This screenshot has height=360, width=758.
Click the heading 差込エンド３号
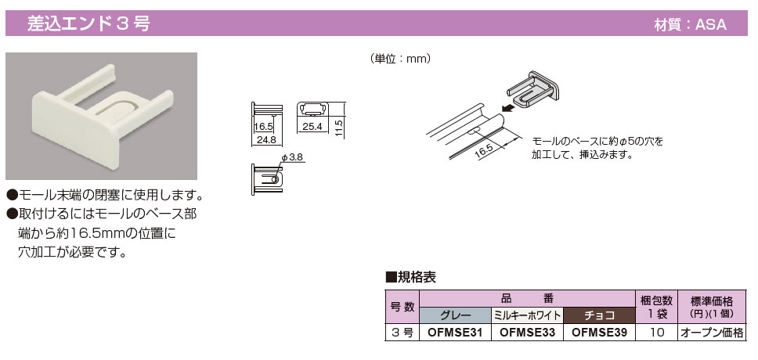click(x=88, y=23)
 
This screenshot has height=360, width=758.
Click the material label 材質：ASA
click(x=690, y=24)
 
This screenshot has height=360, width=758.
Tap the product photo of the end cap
click(x=102, y=117)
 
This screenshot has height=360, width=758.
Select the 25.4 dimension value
click(x=312, y=125)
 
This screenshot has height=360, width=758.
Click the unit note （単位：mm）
click(x=400, y=59)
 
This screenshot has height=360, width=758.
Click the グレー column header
click(x=456, y=315)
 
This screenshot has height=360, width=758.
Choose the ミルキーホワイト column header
click(x=527, y=315)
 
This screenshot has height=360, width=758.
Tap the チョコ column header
click(x=599, y=315)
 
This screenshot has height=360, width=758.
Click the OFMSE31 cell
click(x=456, y=333)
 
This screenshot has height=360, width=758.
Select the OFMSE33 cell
click(x=527, y=333)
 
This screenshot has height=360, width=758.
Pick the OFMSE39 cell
click(x=599, y=333)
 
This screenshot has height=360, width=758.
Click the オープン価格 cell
click(x=711, y=333)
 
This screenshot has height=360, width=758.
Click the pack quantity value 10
click(x=655, y=333)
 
